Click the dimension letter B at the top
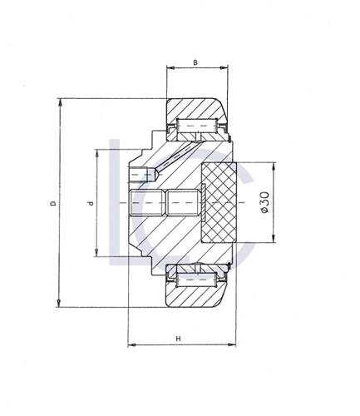pos(195,62)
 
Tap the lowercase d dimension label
pos(89,202)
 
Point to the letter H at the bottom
pos(179,338)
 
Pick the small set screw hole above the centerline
pos(144,176)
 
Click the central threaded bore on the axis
pos(164,202)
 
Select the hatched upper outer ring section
pos(196,109)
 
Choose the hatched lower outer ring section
pos(196,296)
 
